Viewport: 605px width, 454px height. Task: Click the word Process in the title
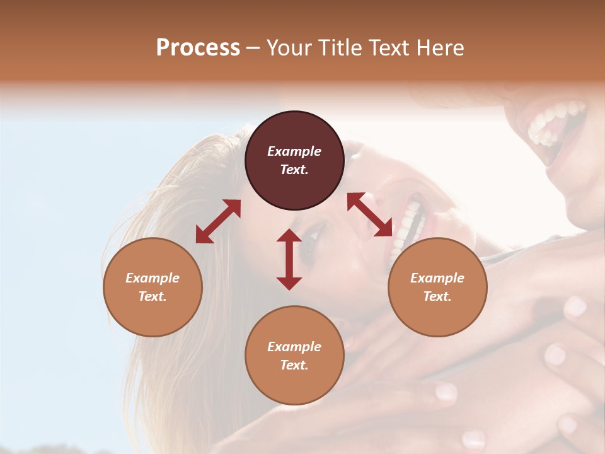[198, 48]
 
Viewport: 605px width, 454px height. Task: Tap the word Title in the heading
[338, 48]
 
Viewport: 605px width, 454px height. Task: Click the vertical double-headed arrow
[289, 259]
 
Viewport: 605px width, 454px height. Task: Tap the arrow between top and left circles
[218, 221]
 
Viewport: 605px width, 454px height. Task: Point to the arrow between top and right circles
[369, 215]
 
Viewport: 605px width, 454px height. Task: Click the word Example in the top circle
[294, 151]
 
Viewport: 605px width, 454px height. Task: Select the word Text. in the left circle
[153, 296]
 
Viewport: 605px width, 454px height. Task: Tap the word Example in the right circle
[437, 278]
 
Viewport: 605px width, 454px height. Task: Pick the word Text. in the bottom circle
[294, 365]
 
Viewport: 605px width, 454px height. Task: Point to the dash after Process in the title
[253, 49]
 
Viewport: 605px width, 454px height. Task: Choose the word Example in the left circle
[153, 278]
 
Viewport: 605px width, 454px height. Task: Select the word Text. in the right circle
[437, 296]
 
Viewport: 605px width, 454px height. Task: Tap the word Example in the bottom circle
[294, 347]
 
